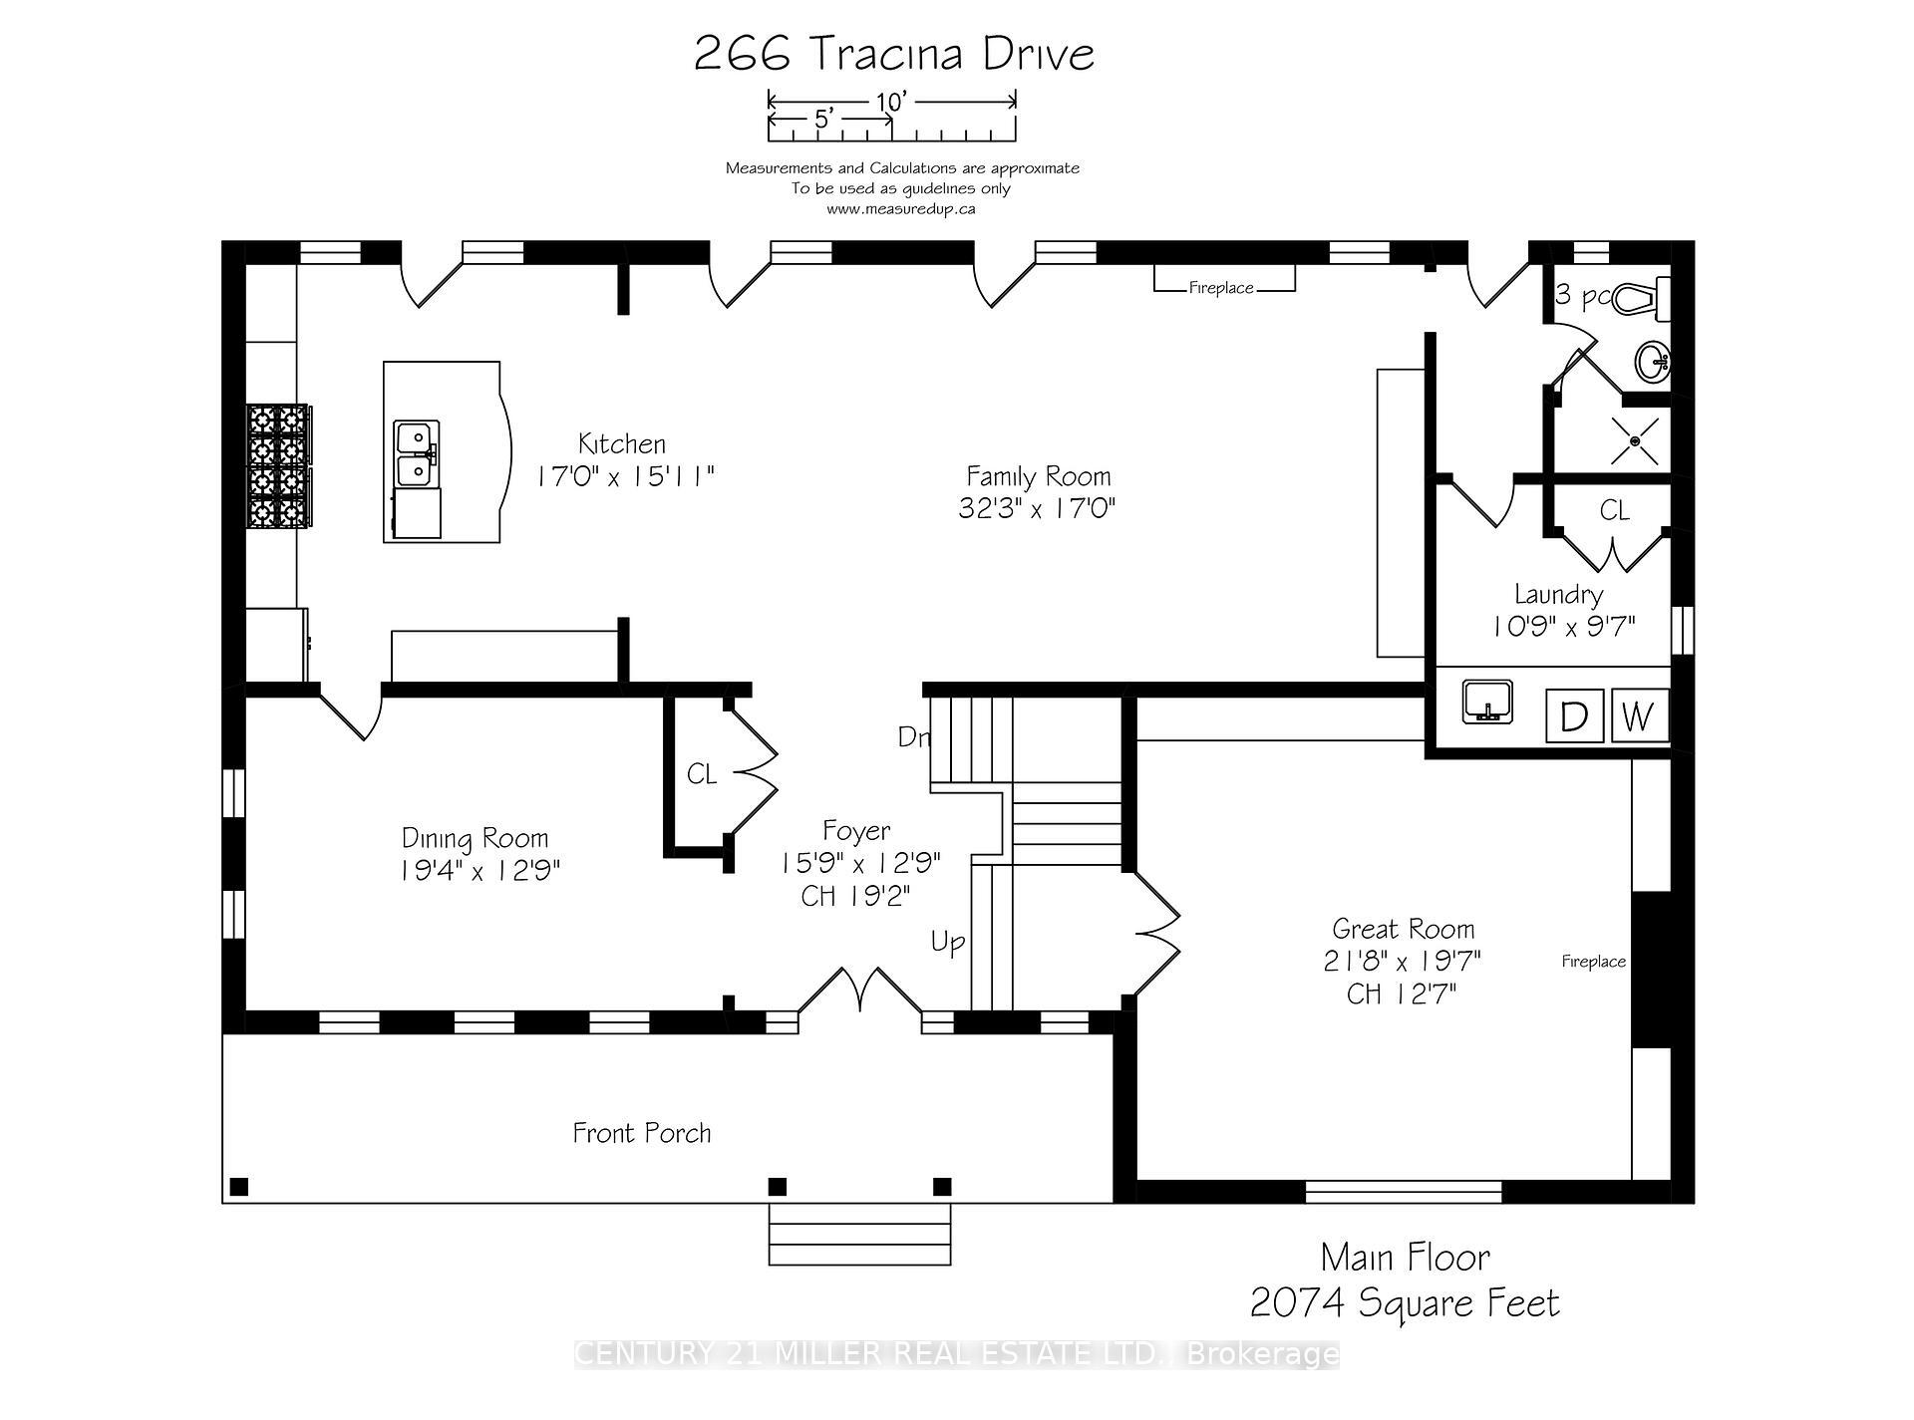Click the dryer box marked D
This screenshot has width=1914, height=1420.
[x=1574, y=715]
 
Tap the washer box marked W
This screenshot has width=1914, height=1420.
[x=1638, y=715]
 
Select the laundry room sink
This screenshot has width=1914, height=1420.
[x=1487, y=702]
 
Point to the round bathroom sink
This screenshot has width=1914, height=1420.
[x=1652, y=362]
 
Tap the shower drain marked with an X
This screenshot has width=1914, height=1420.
[x=1636, y=440]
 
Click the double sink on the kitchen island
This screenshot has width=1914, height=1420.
[x=414, y=453]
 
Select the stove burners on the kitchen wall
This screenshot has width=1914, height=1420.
[x=278, y=465]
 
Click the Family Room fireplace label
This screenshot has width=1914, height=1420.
[x=1221, y=288]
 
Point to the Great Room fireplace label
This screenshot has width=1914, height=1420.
[x=1593, y=962]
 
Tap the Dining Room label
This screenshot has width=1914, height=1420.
[x=476, y=838]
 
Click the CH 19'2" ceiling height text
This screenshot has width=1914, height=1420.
[x=856, y=896]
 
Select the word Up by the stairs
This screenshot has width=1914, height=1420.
[x=947, y=942]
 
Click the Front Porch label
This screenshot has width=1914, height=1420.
[x=642, y=1133]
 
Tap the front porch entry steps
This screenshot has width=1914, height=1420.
[x=859, y=1235]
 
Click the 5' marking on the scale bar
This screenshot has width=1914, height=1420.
[x=823, y=120]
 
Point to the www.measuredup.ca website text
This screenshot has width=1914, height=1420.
[x=900, y=209]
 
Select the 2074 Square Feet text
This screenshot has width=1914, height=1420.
[x=1405, y=1302]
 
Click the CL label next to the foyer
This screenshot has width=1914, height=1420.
[x=702, y=774]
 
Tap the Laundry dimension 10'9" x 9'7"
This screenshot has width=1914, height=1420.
[x=1563, y=627]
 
